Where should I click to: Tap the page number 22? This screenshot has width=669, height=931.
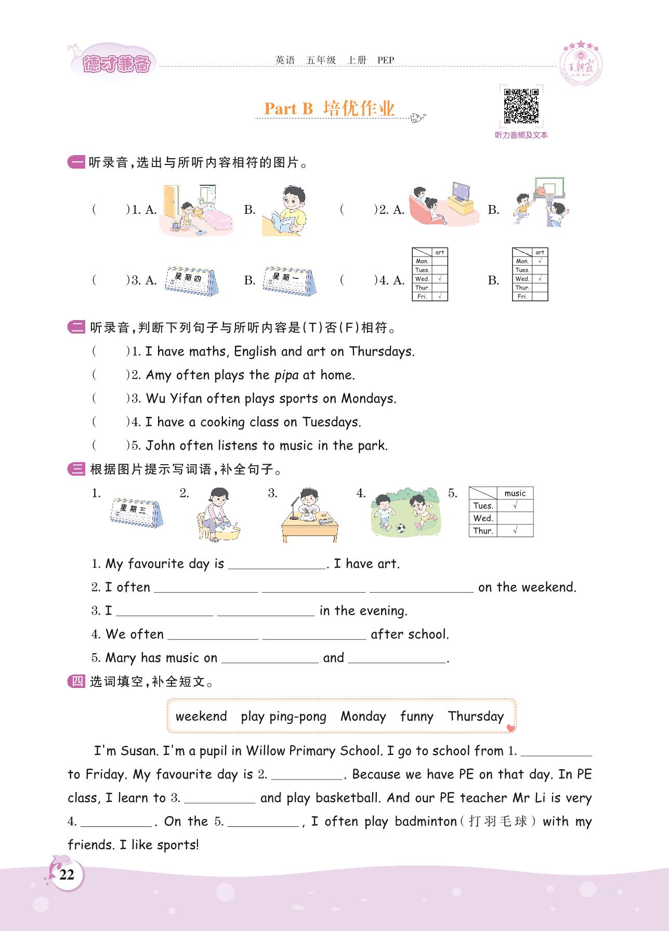pos(67,875)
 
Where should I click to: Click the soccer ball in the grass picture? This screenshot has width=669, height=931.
pos(400,528)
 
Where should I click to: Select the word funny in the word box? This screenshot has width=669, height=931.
pos(416,717)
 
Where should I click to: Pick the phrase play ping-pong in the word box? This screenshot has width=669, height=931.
pos(283,717)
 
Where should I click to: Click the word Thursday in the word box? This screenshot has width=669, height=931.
pos(476,717)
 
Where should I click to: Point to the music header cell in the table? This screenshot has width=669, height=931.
pos(515,493)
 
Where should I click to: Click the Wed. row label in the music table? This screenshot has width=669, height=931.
pos(483,518)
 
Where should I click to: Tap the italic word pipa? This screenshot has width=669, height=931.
pos(286,375)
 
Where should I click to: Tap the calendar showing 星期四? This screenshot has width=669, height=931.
pos(191,280)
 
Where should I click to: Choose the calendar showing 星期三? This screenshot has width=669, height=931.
pos(136,512)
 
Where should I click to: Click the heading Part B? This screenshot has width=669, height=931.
pos(288,108)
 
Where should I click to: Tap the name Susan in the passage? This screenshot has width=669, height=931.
pos(139,751)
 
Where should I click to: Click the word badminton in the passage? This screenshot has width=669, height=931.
pos(425,821)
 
